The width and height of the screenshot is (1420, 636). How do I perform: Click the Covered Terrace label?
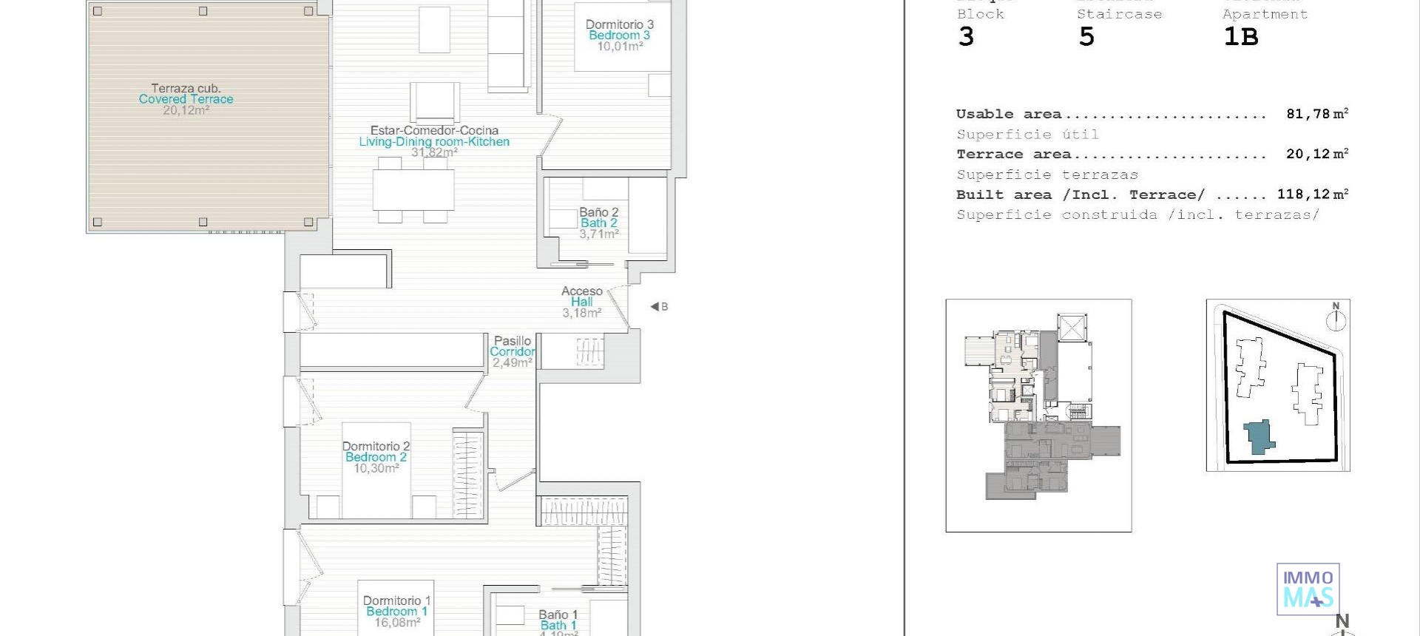[x=186, y=99]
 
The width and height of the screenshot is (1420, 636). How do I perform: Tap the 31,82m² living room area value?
[x=434, y=152]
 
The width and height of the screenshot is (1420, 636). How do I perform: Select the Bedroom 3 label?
[x=619, y=35]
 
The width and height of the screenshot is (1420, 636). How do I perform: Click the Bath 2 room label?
[x=598, y=223]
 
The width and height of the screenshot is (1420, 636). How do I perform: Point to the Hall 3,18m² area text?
[x=581, y=313]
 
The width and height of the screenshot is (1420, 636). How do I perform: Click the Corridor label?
[x=512, y=352]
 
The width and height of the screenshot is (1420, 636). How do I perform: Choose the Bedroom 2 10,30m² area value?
[x=376, y=468]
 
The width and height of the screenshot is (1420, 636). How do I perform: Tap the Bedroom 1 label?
[x=396, y=612]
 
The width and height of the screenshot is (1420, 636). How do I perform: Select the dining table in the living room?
[x=413, y=190]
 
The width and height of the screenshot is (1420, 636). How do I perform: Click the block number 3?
[x=966, y=37]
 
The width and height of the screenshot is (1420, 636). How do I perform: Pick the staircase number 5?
[x=1086, y=37]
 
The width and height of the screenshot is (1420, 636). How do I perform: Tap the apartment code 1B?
[x=1240, y=37]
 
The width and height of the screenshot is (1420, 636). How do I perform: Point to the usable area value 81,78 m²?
[x=1316, y=114]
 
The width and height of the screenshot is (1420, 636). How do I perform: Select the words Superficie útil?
[x=1027, y=135]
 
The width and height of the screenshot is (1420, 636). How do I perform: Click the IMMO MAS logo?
[x=1308, y=589]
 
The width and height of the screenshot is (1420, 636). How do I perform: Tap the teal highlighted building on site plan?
[x=1258, y=437]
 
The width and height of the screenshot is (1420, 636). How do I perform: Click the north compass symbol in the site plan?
[x=1336, y=319]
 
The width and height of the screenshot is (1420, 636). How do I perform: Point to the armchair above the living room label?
[x=435, y=101]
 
